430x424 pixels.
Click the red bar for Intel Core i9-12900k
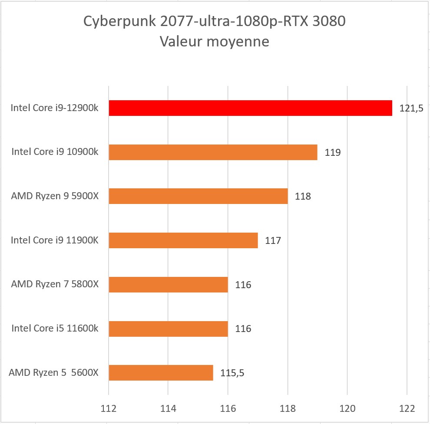(x=250, y=108)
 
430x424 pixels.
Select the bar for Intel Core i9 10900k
(x=213, y=152)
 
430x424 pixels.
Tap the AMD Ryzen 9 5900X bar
(x=198, y=196)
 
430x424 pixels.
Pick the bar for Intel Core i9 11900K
(x=183, y=240)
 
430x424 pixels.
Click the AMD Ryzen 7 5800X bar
(x=169, y=284)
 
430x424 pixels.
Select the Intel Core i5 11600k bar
(x=169, y=329)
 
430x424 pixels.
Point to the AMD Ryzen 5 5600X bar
(x=161, y=373)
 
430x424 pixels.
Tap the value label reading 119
(x=332, y=153)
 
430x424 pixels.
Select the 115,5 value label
(x=232, y=373)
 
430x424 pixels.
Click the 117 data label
(x=273, y=240)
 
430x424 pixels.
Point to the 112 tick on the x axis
(x=109, y=408)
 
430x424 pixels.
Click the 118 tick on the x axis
(x=288, y=408)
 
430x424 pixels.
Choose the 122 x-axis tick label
(x=407, y=408)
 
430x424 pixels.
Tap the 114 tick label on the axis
(x=168, y=408)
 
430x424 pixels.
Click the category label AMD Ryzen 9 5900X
(x=55, y=196)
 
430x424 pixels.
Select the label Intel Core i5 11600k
(x=55, y=329)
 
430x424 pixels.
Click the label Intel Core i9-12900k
(x=54, y=108)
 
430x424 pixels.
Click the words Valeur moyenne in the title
(x=215, y=42)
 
